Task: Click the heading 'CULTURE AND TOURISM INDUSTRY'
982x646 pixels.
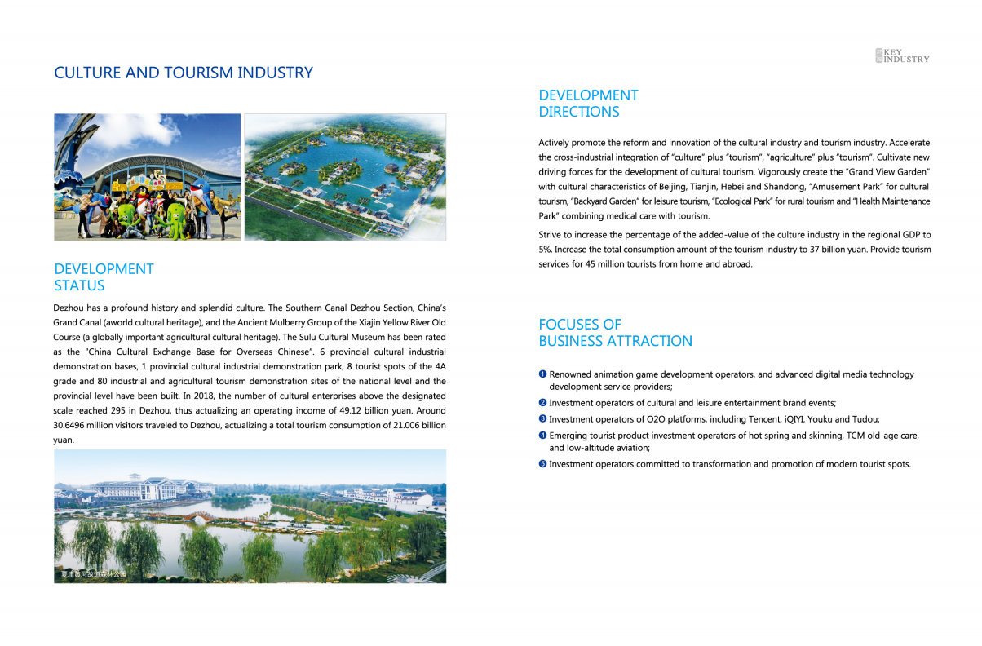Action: pos(183,73)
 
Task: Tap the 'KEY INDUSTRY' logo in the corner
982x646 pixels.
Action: pos(902,55)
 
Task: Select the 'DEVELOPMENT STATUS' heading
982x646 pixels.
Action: pos(104,277)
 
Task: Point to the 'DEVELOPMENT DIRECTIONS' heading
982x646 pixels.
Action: pos(588,104)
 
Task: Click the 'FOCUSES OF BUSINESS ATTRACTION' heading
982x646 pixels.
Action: pos(615,333)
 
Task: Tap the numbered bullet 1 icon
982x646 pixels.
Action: pos(542,374)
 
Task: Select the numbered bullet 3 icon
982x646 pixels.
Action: pos(542,418)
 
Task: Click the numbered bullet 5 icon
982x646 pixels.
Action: pos(542,464)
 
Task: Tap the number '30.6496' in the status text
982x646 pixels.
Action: pos(72,425)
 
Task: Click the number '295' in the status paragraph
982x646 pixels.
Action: pos(111,410)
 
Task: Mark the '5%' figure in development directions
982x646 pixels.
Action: pos(546,250)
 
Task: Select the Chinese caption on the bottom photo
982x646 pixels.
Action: pos(94,575)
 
